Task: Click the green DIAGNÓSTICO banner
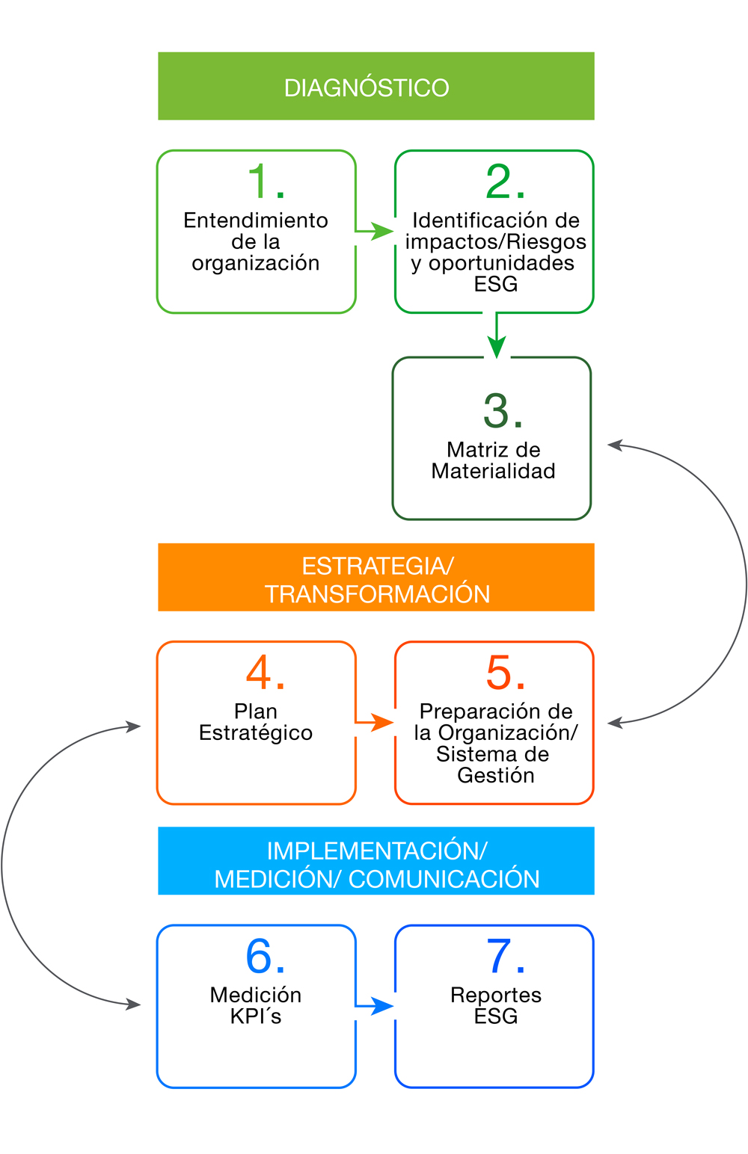tap(375, 86)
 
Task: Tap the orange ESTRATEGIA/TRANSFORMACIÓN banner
tap(375, 577)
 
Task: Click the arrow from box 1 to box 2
tap(375, 231)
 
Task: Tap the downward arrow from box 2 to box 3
tap(496, 337)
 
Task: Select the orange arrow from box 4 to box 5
tap(375, 722)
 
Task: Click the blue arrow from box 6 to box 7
tap(375, 1005)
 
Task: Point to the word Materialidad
tap(493, 471)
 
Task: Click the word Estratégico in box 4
tap(256, 732)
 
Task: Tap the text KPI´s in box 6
tap(256, 1016)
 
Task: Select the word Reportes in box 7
tap(495, 995)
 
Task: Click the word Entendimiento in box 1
tap(256, 220)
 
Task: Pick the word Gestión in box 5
tap(495, 775)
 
